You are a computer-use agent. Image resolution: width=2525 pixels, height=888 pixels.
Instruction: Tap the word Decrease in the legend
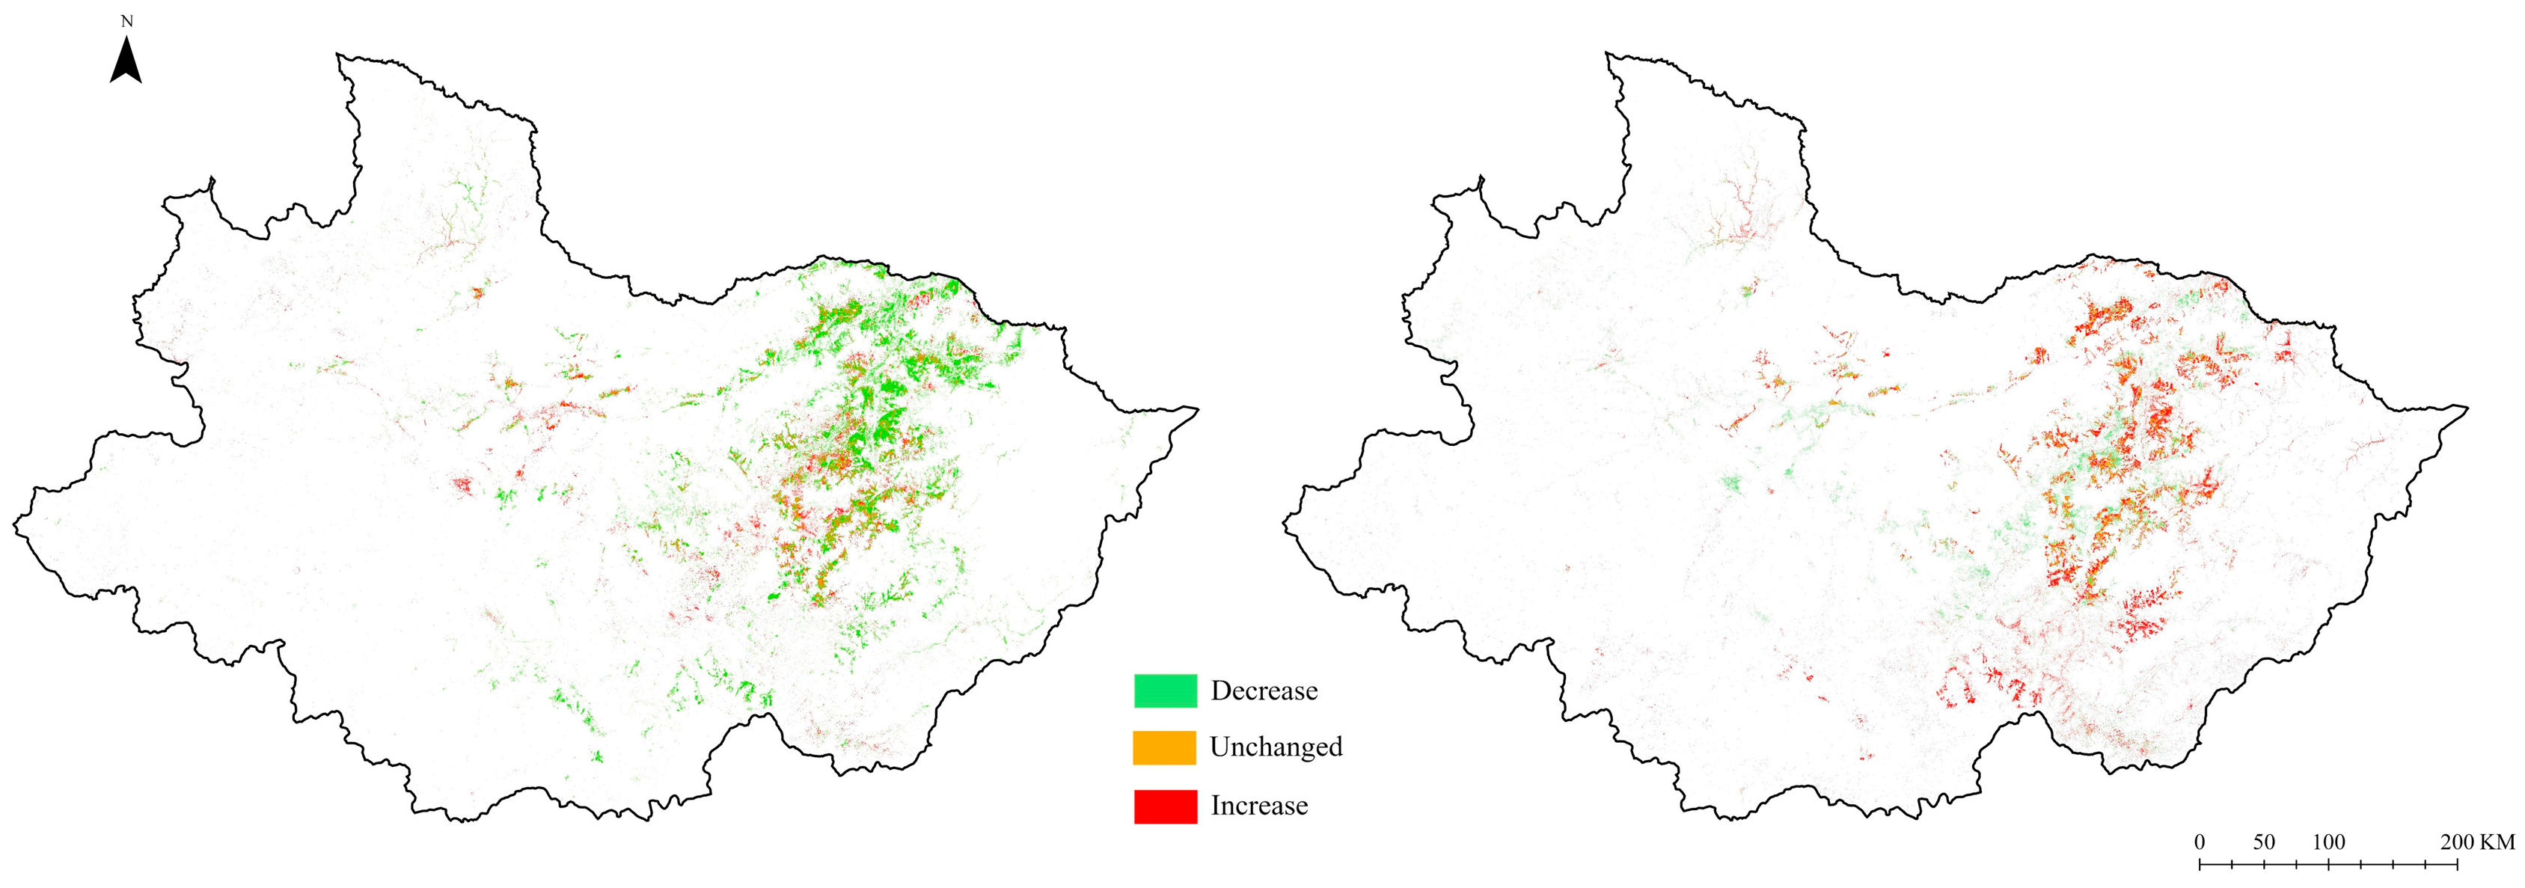(1264, 690)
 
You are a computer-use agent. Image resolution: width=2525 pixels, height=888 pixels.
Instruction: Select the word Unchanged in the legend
(1276, 747)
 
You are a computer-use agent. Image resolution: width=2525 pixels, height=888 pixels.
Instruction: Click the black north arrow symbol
(126, 61)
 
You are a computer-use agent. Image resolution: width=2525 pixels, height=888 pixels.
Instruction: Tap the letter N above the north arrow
(126, 21)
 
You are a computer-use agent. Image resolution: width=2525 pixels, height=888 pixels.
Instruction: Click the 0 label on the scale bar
(2200, 842)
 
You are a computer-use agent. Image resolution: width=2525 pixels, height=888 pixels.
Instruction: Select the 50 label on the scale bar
(2263, 842)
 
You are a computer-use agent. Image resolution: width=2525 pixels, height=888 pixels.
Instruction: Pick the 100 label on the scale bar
(2329, 842)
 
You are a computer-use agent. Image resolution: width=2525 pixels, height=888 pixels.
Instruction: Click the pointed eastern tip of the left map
(1197, 408)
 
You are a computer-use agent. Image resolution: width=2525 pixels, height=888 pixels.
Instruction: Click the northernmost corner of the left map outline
(338, 55)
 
